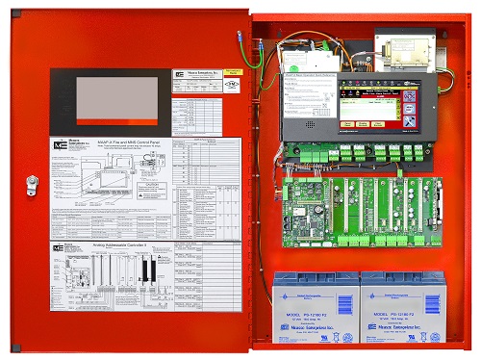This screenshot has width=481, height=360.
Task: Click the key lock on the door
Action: (31, 179)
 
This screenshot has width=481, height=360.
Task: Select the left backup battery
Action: (314, 307)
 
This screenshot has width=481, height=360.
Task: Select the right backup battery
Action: (401, 307)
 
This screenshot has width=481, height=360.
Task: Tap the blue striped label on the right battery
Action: (400, 286)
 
